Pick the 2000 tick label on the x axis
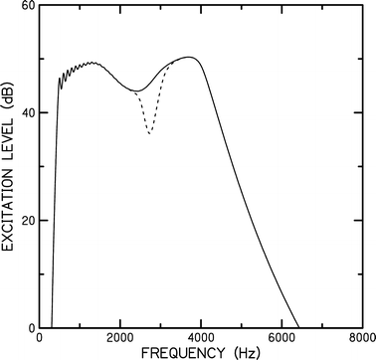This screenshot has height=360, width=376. (120, 338)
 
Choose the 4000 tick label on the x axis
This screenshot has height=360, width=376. (201, 338)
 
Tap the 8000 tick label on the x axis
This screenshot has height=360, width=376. (361, 338)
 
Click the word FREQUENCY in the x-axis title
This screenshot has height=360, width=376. (178, 352)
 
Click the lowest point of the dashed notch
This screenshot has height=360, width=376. (150, 133)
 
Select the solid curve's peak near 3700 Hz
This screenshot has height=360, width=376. (189, 57)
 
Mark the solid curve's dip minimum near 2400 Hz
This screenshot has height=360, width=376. (136, 90)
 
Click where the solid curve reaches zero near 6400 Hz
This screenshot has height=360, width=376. (297, 327)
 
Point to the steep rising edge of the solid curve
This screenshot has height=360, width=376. (55, 199)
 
